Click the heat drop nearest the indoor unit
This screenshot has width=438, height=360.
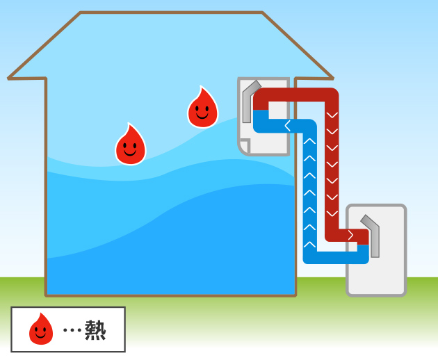coord(202,108)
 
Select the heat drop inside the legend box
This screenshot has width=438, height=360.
coord(41,329)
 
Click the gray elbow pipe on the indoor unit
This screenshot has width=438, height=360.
coord(248,104)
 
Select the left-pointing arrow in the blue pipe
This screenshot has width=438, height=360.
coord(287,126)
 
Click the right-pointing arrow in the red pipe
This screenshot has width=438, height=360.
coord(350,235)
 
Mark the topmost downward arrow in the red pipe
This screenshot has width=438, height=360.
coord(332,113)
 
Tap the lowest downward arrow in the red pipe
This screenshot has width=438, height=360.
coord(332,213)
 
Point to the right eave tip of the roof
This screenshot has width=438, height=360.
coord(331,76)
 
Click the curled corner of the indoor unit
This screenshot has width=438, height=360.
coord(244,147)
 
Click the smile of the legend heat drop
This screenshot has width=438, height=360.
coord(41,334)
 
